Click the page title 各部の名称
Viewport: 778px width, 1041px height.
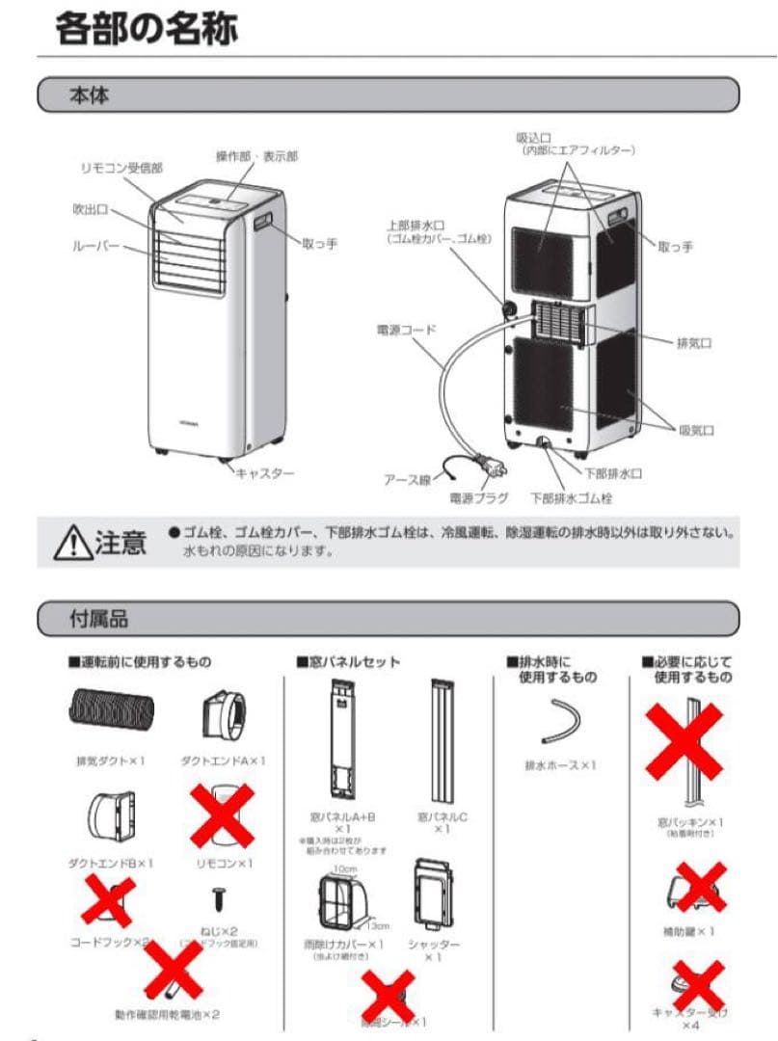[x=146, y=29]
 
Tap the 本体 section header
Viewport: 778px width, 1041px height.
[x=88, y=96]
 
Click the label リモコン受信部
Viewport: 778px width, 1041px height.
[x=121, y=168]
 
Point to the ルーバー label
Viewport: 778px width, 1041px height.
[x=96, y=247]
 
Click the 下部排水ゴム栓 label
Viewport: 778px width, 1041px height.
[x=571, y=498]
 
